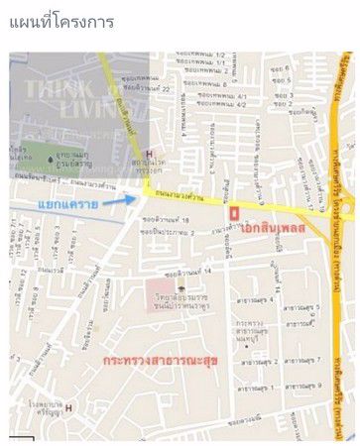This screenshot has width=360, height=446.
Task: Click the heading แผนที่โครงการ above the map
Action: tap(60, 20)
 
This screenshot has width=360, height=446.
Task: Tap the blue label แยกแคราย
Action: tap(67, 204)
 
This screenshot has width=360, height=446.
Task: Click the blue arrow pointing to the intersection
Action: tap(120, 201)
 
